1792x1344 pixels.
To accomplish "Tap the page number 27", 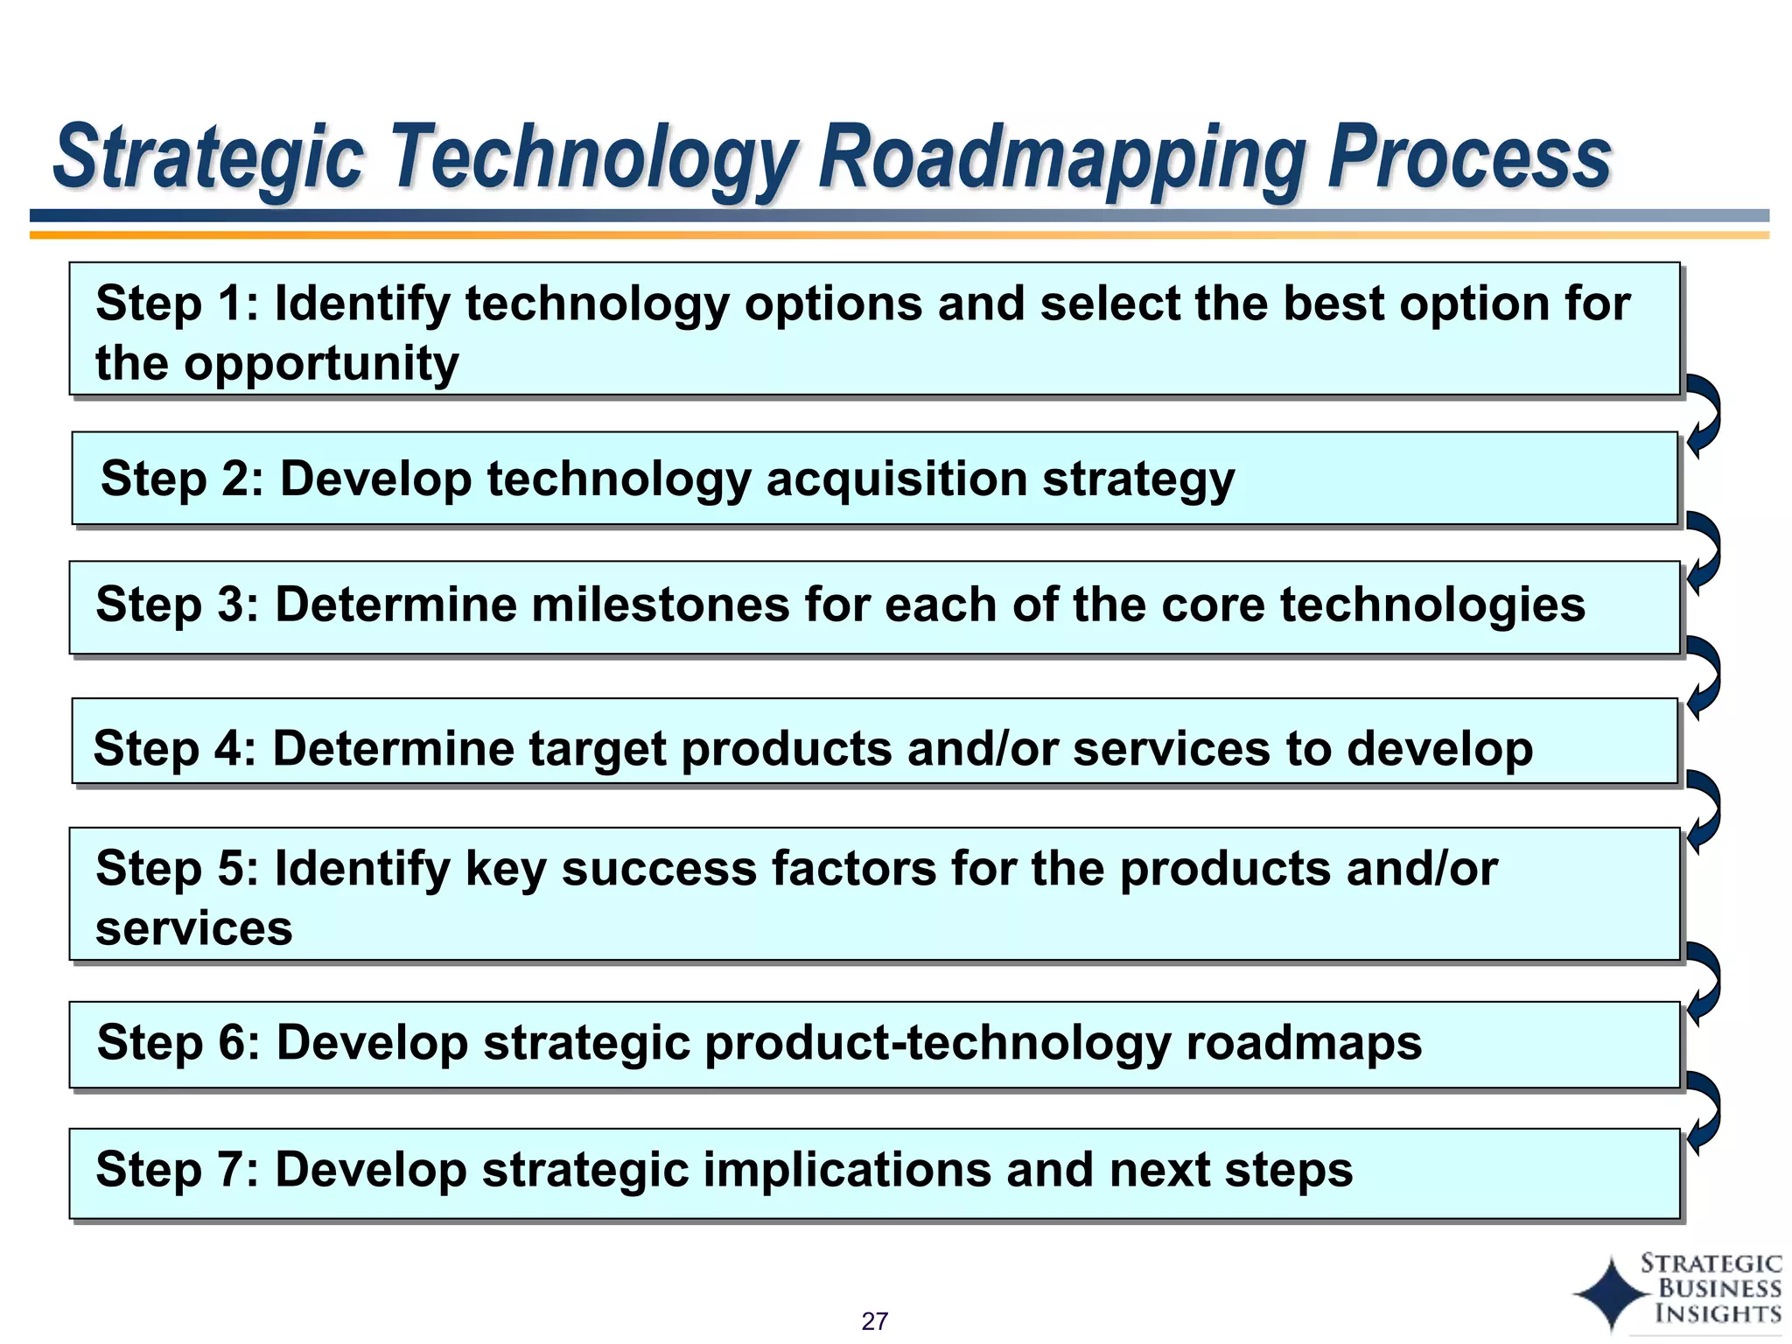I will [874, 1320].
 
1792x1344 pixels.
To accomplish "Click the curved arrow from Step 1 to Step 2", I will [1704, 415].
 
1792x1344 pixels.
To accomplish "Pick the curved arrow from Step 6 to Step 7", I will [1704, 1112].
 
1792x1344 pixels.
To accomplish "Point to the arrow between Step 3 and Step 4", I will [1704, 677].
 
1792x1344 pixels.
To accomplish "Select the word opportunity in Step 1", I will [321, 363].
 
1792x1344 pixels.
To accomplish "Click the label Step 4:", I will [174, 749].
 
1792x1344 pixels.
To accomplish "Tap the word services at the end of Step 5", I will [194, 928].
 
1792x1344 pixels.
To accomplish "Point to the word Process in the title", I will [1468, 157].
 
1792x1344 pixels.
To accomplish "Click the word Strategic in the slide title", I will [208, 157].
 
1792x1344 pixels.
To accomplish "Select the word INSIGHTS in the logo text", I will [1718, 1313].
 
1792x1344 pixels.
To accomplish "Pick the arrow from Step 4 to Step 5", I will [1704, 811].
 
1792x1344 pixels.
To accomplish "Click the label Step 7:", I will [177, 1170].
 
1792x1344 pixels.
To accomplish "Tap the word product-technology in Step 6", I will [936, 1043].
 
